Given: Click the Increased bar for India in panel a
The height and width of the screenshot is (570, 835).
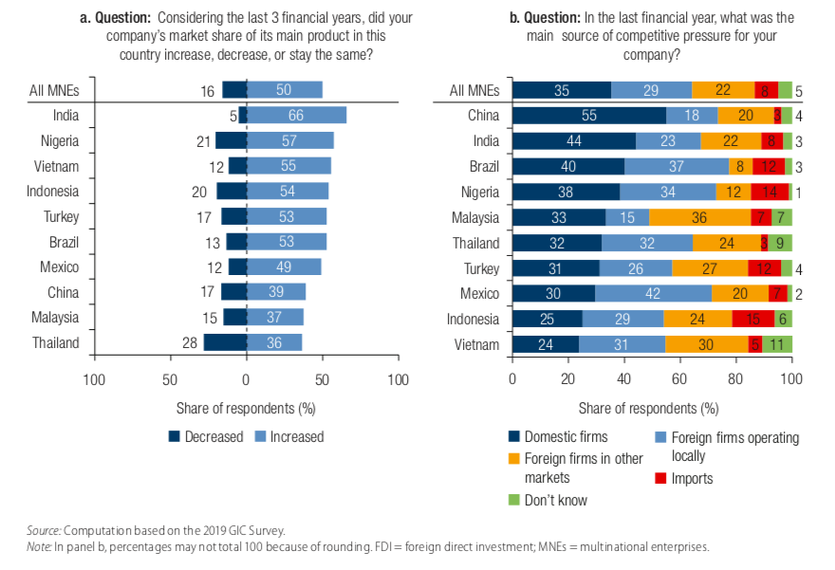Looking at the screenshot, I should tap(296, 116).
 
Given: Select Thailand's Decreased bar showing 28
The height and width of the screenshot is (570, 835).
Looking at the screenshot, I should tap(225, 342).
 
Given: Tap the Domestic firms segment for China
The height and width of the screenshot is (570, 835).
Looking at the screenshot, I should tap(589, 116).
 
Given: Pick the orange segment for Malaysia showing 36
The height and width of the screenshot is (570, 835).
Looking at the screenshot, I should tap(699, 217).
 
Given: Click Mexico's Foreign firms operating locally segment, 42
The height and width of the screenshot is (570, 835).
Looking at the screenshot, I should tap(653, 293).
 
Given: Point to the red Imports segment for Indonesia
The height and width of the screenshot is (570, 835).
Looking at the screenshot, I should tap(753, 319).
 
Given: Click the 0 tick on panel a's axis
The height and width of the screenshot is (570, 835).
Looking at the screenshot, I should tap(247, 379).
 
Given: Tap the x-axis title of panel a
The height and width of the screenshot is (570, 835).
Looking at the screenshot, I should tap(246, 408).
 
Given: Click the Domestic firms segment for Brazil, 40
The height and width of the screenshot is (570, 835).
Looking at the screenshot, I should tap(568, 166).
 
